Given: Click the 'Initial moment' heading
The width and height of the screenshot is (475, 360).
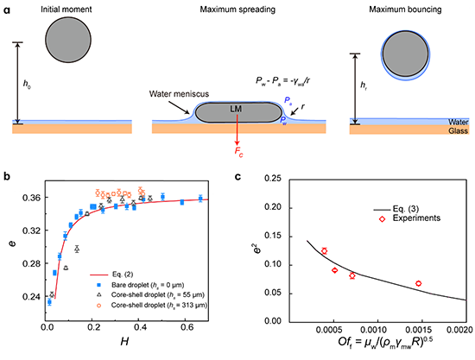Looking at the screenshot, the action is point(66,9).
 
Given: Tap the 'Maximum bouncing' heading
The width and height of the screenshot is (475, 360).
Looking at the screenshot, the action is point(405,9).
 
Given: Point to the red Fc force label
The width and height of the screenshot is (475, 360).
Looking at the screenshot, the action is point(238,152).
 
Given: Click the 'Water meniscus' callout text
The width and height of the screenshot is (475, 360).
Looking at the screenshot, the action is point(179,94).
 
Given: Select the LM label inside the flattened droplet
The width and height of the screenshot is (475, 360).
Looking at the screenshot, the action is point(236,109).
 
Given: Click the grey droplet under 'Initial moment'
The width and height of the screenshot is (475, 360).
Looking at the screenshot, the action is point(68,40).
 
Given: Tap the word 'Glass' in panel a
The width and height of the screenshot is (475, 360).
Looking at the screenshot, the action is point(459,131).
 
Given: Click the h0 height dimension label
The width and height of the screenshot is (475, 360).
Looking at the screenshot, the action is point(27,84).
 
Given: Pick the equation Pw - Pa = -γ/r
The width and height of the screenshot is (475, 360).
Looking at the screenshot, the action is point(282,81).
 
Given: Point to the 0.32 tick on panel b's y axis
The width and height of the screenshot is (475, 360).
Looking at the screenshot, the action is point(31,231).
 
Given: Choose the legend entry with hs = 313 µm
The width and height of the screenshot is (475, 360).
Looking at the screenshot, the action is point(153,306).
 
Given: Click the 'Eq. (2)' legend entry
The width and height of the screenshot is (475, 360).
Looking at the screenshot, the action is point(111,275).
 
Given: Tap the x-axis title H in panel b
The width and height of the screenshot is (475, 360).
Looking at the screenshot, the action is point(124,342).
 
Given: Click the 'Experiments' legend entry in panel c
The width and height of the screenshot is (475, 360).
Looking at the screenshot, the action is point(410,218).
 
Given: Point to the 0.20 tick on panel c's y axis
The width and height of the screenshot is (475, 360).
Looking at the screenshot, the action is point(273,207).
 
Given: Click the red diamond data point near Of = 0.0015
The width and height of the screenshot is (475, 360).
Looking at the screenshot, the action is point(418,283).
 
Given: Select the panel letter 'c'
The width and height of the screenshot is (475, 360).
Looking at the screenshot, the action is point(237,176).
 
